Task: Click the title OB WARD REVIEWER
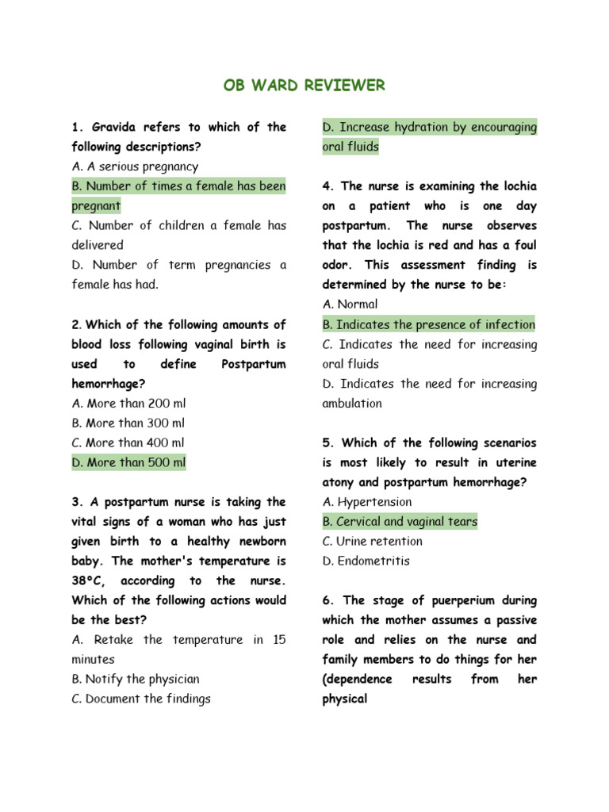tap(304, 85)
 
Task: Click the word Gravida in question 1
tap(120, 127)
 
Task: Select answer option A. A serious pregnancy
tap(135, 167)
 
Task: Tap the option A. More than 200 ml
tap(128, 404)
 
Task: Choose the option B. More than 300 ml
tap(128, 423)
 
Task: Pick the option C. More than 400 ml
tap(128, 443)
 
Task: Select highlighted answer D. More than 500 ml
tap(128, 462)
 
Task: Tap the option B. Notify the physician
tap(136, 680)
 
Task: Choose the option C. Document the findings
tap(141, 699)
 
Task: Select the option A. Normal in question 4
tap(350, 304)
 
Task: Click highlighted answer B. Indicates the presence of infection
tap(428, 324)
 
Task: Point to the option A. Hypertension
tap(367, 502)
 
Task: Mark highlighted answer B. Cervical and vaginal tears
tap(400, 522)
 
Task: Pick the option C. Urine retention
tap(373, 542)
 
